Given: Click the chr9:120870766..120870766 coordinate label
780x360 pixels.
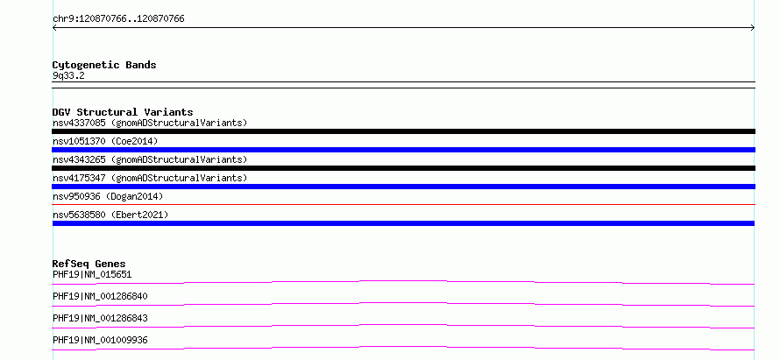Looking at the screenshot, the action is [x=118, y=19].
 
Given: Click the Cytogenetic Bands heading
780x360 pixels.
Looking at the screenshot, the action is [x=104, y=65].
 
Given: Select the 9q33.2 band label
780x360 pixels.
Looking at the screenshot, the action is [x=68, y=76].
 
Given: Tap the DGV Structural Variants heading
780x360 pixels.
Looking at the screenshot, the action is [x=123, y=112].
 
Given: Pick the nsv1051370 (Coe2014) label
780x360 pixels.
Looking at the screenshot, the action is [x=105, y=141].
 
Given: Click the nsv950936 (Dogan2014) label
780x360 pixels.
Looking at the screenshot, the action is [x=108, y=196].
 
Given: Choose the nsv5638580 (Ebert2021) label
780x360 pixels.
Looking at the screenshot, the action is [x=110, y=215].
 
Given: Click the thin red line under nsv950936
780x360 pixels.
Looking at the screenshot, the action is [x=403, y=204].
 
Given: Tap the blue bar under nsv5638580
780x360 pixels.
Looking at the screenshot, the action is [x=403, y=223].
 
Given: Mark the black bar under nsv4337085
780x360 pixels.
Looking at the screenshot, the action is [x=403, y=131].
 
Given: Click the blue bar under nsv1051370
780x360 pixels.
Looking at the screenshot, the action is [x=403, y=150].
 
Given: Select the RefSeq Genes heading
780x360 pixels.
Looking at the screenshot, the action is [x=89, y=264].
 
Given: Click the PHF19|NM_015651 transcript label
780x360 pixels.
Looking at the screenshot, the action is [x=92, y=274].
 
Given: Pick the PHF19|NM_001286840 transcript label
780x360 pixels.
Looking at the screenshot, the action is [x=100, y=296].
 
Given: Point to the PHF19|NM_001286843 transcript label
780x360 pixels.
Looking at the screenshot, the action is [x=100, y=318].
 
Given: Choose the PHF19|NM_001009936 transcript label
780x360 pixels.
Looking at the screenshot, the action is [x=100, y=340].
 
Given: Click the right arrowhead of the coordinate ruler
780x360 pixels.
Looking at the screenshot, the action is [x=754, y=28].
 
